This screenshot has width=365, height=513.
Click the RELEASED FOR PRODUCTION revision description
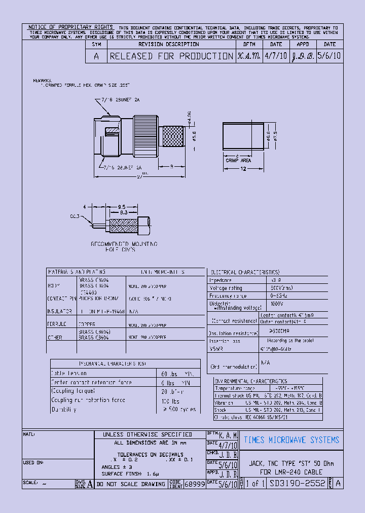[x=171, y=56]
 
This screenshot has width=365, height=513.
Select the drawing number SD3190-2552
[x=298, y=484]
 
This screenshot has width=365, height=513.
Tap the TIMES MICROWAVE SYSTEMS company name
[x=291, y=440]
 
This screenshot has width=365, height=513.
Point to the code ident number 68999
[x=194, y=485]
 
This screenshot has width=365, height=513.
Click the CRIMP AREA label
[x=237, y=160]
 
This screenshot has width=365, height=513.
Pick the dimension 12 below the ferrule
[x=243, y=169]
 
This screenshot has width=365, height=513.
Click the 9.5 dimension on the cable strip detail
[x=122, y=207]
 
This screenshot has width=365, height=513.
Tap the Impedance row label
[x=221, y=280]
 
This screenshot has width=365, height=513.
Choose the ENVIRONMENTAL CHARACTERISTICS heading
[x=251, y=381]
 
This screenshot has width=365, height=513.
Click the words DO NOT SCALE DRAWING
[x=130, y=484]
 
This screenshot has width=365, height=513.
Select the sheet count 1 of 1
[x=254, y=484]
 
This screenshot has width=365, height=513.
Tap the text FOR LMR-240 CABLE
[x=291, y=472]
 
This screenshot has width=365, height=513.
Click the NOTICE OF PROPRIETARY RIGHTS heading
[x=70, y=27]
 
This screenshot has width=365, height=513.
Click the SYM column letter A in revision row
[x=96, y=56]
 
